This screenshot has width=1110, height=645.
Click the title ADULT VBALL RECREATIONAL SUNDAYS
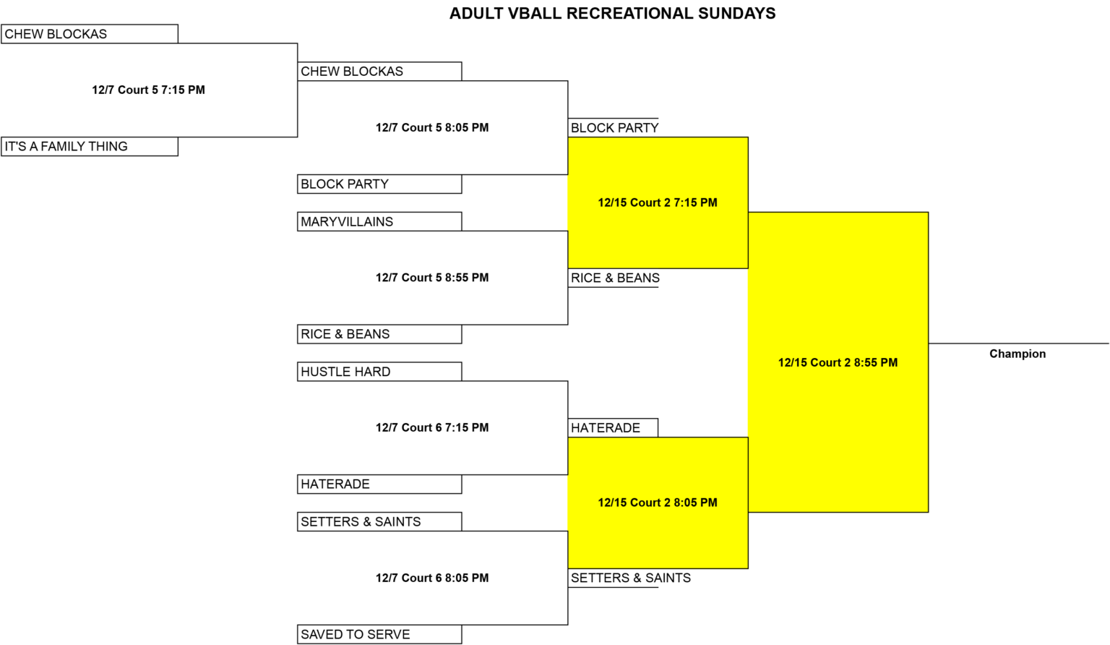coord(613,14)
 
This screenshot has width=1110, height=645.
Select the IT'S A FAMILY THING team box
coord(90,147)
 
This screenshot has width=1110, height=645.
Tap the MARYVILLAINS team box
coord(379,221)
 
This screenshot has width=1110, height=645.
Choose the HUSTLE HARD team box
coord(379,372)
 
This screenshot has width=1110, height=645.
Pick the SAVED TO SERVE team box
coord(379,635)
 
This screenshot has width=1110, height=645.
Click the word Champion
coord(1017,354)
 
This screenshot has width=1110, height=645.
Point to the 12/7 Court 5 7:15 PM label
coord(148,90)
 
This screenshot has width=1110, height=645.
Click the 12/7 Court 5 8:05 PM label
coord(432,127)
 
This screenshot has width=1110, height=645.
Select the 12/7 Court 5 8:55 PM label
coord(432,278)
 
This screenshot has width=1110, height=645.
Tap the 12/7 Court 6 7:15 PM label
coord(432,427)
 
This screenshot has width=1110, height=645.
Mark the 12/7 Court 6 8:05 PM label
coord(432,578)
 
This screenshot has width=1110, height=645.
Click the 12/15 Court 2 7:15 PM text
coord(658,202)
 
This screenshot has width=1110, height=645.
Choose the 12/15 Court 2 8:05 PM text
coord(658,503)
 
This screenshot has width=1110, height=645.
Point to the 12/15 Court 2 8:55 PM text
coord(838,362)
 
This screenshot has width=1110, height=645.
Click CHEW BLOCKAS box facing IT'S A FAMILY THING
coord(90,34)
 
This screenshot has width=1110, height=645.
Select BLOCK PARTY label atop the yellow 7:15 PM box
coord(614,128)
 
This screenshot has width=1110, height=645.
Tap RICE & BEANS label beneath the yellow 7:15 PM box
coord(615,278)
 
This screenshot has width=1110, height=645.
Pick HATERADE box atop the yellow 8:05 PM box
coord(613,428)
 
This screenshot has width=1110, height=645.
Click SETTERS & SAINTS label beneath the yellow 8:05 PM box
coord(630,578)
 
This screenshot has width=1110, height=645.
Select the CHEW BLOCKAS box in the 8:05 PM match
coord(379,72)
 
